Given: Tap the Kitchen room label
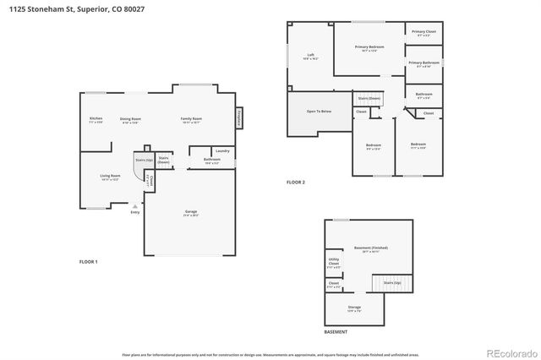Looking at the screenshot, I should tap(96, 119).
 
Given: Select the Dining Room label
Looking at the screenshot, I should tap(129, 119).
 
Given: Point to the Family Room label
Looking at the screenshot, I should tap(191, 119).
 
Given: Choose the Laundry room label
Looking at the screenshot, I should tap(222, 150).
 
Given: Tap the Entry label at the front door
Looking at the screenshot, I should tap(134, 212).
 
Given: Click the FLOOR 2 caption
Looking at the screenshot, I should tap(295, 183).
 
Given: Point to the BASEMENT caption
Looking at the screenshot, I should tap(336, 331).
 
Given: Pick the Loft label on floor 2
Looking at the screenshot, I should tap(310, 55).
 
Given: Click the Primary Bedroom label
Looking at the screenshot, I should tap(369, 46).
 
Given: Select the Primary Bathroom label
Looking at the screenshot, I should tap(424, 63).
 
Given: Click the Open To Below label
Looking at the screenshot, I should tap(319, 111).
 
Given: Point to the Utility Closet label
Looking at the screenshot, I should tap(334, 264).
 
